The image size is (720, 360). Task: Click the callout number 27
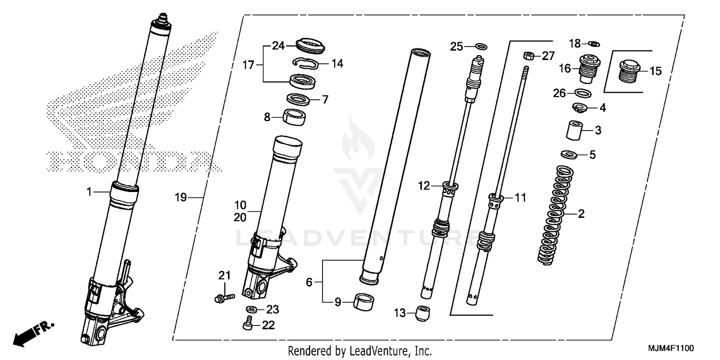point(548,56)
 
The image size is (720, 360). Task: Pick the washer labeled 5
point(569,155)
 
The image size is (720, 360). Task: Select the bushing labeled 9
point(364,302)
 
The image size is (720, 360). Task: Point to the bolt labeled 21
point(224,298)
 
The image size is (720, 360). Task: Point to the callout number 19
point(180,197)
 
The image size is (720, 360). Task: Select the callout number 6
point(309,283)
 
